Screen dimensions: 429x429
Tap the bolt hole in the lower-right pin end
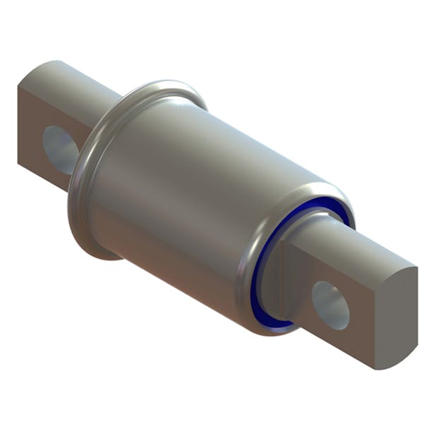[330, 305]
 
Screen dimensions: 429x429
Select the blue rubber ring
[262, 282]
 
